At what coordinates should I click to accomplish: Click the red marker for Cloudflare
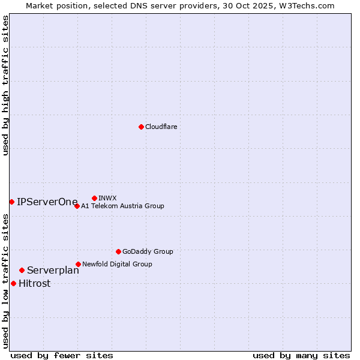pyautogui.click(x=141, y=127)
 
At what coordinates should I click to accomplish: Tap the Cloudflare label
pyautogui.click(x=161, y=127)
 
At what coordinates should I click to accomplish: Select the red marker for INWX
pyautogui.click(x=94, y=198)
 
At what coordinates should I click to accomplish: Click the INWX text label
pyautogui.click(x=107, y=198)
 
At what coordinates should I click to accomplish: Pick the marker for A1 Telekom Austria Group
pyautogui.click(x=77, y=206)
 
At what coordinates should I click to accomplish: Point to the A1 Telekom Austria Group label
pyautogui.click(x=122, y=206)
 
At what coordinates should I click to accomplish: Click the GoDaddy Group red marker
pyautogui.click(x=118, y=251)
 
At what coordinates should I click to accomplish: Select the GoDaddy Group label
pyautogui.click(x=148, y=251)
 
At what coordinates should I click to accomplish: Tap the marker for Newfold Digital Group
pyautogui.click(x=78, y=264)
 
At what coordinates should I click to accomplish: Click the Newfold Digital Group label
pyautogui.click(x=117, y=264)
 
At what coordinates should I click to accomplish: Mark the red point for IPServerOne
pyautogui.click(x=11, y=202)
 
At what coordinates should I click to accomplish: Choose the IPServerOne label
pyautogui.click(x=47, y=202)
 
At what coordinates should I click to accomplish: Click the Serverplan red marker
pyautogui.click(x=22, y=270)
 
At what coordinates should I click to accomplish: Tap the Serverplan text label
pyautogui.click(x=53, y=270)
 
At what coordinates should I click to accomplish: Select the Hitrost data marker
pyautogui.click(x=13, y=283)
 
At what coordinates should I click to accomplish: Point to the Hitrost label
pyautogui.click(x=35, y=284)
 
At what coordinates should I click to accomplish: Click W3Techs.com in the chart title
pyautogui.click(x=309, y=5)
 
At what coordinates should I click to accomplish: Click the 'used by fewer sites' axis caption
pyautogui.click(x=62, y=355)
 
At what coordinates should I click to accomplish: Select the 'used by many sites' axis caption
pyautogui.click(x=301, y=355)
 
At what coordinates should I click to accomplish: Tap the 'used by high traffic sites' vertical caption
pyautogui.click(x=5, y=85)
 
